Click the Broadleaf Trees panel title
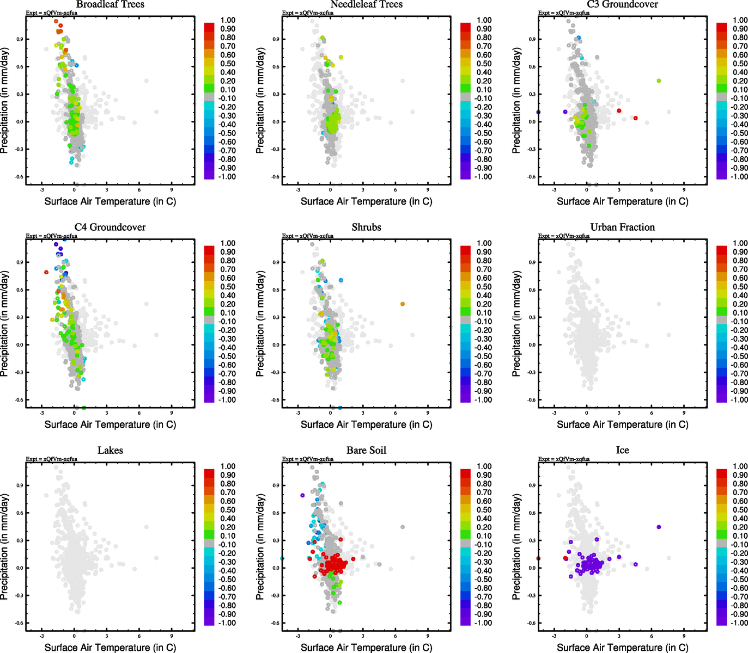coord(110,4)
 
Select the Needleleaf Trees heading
coord(366,4)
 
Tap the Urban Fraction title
coord(622,227)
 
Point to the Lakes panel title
coord(110,451)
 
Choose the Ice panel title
coord(622,451)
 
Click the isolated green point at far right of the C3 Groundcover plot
coord(659,81)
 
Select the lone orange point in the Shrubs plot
coord(403,304)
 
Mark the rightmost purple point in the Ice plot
coord(659,527)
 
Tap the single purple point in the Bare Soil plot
coord(302,495)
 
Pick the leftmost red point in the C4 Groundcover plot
coord(46,272)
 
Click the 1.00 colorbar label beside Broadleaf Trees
coord(228,20)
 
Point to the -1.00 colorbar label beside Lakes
coord(228,623)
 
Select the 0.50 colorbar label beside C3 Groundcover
coord(740,64)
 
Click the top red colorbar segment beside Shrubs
coord(465,250)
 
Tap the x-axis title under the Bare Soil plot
coord(366,648)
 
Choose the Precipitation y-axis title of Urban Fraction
coord(516,324)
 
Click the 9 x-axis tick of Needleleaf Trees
coord(428,190)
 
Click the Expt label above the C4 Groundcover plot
coord(52,236)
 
